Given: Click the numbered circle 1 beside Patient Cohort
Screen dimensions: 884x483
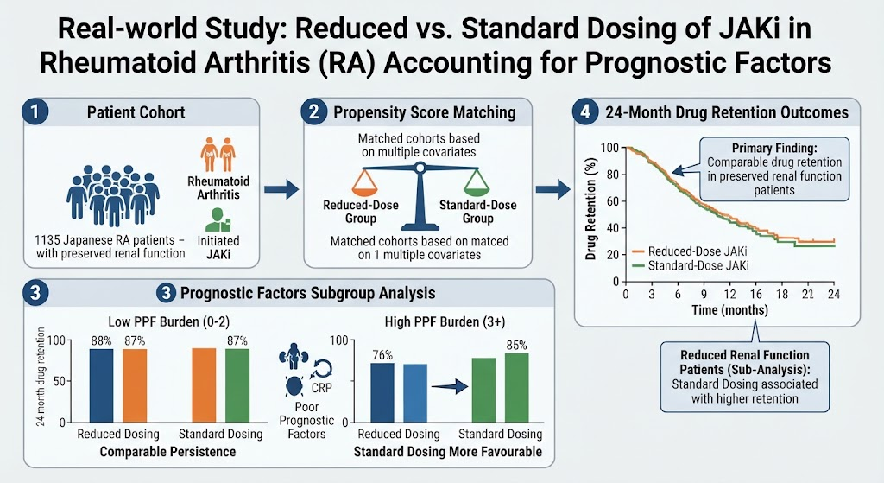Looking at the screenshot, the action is coord(35,111).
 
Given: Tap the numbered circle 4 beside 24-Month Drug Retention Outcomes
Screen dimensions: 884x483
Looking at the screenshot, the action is coord(585,111).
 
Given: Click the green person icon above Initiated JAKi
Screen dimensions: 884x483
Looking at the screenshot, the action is coord(216,220).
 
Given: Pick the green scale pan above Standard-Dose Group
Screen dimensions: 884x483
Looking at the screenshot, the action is coord(477,184).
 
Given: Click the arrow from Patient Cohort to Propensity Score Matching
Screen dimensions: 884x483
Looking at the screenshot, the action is coord(281,189).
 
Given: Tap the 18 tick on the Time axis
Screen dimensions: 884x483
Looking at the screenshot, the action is coord(782,294).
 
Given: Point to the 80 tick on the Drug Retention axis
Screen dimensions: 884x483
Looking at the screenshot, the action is coord(612,175).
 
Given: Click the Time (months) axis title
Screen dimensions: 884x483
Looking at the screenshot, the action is coord(730,310).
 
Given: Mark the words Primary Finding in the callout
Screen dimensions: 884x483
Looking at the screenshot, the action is coord(774,148).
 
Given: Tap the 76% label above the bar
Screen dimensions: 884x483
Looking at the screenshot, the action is coord(382,355).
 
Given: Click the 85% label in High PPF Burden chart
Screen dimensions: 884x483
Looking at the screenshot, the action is coord(516,345).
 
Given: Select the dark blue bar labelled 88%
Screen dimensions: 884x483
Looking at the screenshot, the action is coord(102,385).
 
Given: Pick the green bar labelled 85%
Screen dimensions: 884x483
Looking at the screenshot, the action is coord(516,388).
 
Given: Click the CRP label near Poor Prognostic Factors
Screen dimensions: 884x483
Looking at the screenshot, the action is coord(321,388).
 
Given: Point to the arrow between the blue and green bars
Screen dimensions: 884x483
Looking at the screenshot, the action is coord(450,386).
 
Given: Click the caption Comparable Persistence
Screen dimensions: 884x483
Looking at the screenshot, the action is coord(167,452).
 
